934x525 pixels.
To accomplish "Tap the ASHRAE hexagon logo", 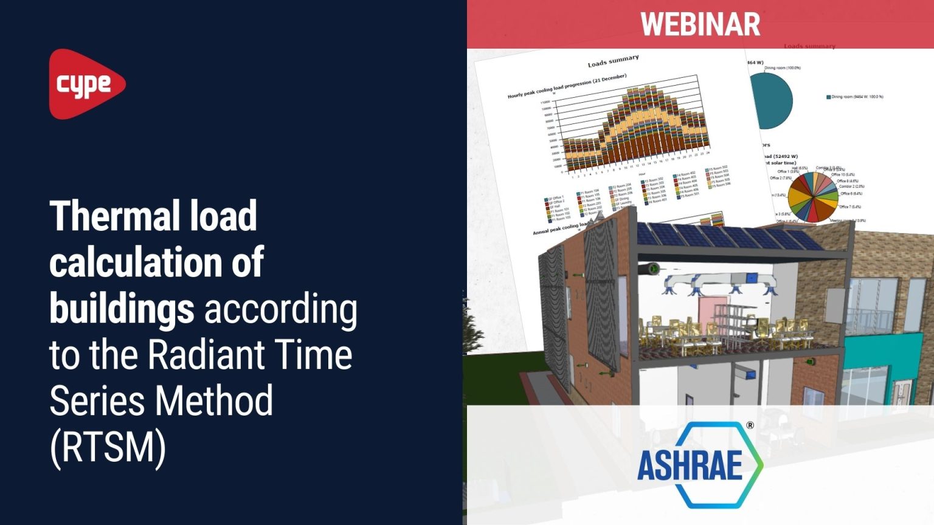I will coord(699,465).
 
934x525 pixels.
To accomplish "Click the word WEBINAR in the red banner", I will coord(700,24).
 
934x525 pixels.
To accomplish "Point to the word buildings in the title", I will coord(122,309).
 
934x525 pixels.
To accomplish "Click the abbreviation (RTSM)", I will coord(108,448).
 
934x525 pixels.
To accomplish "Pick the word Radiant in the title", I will coord(206,354).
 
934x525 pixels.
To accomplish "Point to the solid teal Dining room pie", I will coord(771,101).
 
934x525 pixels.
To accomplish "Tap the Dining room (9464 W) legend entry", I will coord(854,97).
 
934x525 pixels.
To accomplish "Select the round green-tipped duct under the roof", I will coord(654,268).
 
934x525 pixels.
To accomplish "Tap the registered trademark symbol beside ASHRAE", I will coord(750,425).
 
